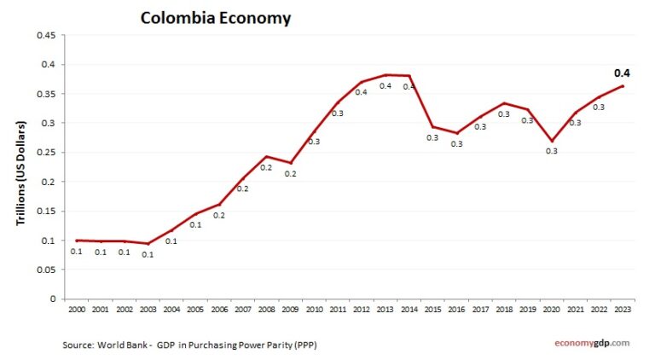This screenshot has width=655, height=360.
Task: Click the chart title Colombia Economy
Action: point(215,17)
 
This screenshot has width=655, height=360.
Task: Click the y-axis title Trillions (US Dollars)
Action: point(21,172)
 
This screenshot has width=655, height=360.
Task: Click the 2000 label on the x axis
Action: point(76,310)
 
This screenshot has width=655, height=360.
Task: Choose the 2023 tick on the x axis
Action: point(623,310)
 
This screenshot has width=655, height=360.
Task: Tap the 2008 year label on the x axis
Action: point(266,310)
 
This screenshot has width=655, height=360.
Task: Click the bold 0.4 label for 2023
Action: point(624,73)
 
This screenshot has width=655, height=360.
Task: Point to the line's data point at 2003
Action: point(148,244)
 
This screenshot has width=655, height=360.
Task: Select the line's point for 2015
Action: point(432,127)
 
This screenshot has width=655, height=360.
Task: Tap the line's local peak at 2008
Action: point(266,156)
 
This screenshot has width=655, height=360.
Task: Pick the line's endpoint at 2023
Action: point(623,85)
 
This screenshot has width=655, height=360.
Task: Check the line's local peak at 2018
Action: point(504,103)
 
